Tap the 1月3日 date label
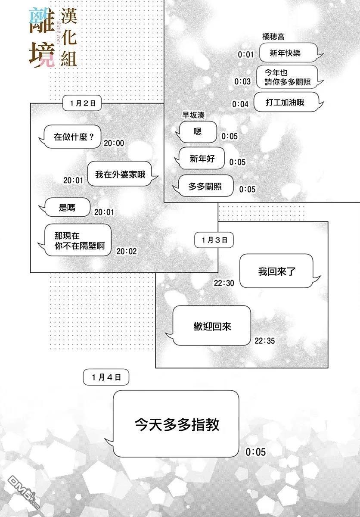coord(214,240)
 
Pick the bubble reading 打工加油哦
coord(288,103)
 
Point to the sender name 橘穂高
coord(273,37)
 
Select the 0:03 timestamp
coord(242,81)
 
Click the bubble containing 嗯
coord(198,132)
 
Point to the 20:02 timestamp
coord(127,251)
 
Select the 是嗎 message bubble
coord(67,208)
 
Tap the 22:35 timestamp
coord(264,340)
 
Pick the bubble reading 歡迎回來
coord(212,326)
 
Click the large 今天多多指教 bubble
coord(177,424)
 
